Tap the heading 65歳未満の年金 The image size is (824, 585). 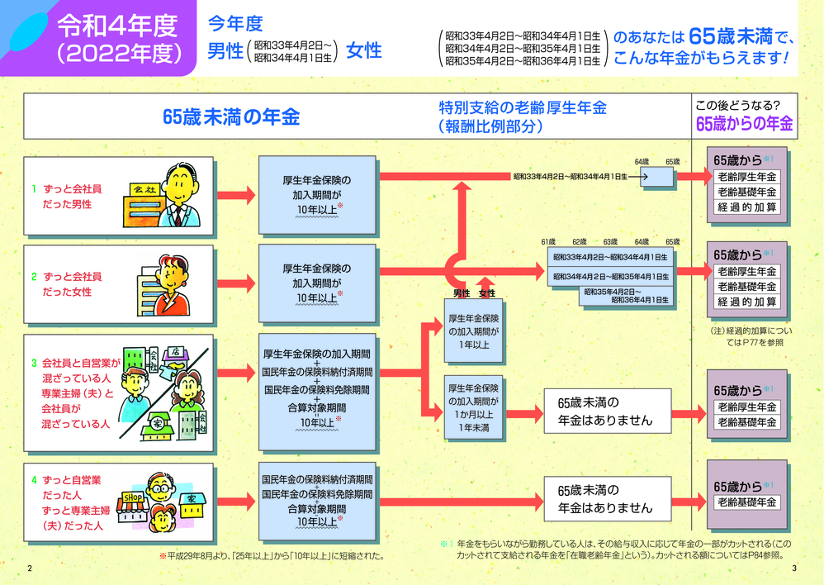[x=230, y=117]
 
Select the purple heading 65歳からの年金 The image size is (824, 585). [x=744, y=124]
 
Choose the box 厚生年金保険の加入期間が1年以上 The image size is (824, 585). [x=474, y=331]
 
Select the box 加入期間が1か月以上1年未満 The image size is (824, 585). [x=474, y=407]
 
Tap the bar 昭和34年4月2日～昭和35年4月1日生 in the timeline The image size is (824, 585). [x=610, y=276]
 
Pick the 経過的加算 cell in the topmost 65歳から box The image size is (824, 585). [x=747, y=207]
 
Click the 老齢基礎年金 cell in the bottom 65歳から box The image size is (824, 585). [x=747, y=502]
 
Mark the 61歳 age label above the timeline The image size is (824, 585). [x=548, y=241]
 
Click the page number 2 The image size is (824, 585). [x=30, y=568]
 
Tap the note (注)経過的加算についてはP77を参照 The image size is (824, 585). [x=749, y=335]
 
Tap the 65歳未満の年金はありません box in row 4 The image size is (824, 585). [x=605, y=499]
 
